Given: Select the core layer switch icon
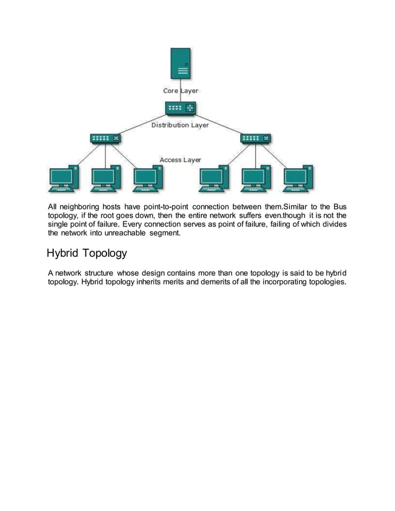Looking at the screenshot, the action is (181, 109).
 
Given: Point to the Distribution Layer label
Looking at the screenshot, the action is (180, 125).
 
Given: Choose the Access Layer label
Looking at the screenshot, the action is (180, 160).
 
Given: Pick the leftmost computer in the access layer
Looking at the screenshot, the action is (63, 179).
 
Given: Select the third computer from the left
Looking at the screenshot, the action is (148, 179).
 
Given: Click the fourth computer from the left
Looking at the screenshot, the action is (214, 179).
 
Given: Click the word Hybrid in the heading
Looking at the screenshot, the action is (65, 253).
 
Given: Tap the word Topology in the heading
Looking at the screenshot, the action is (106, 253).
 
